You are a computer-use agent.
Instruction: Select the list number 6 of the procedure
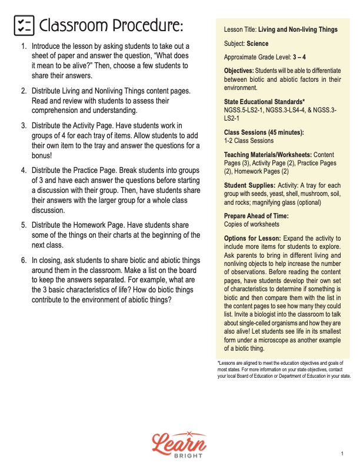(24, 260)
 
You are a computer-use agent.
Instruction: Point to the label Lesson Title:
(242, 29)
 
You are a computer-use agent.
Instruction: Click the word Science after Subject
(257, 44)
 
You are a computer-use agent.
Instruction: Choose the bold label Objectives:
(242, 71)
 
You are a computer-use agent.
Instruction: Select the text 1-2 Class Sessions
(249, 141)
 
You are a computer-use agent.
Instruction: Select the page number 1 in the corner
(342, 454)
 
